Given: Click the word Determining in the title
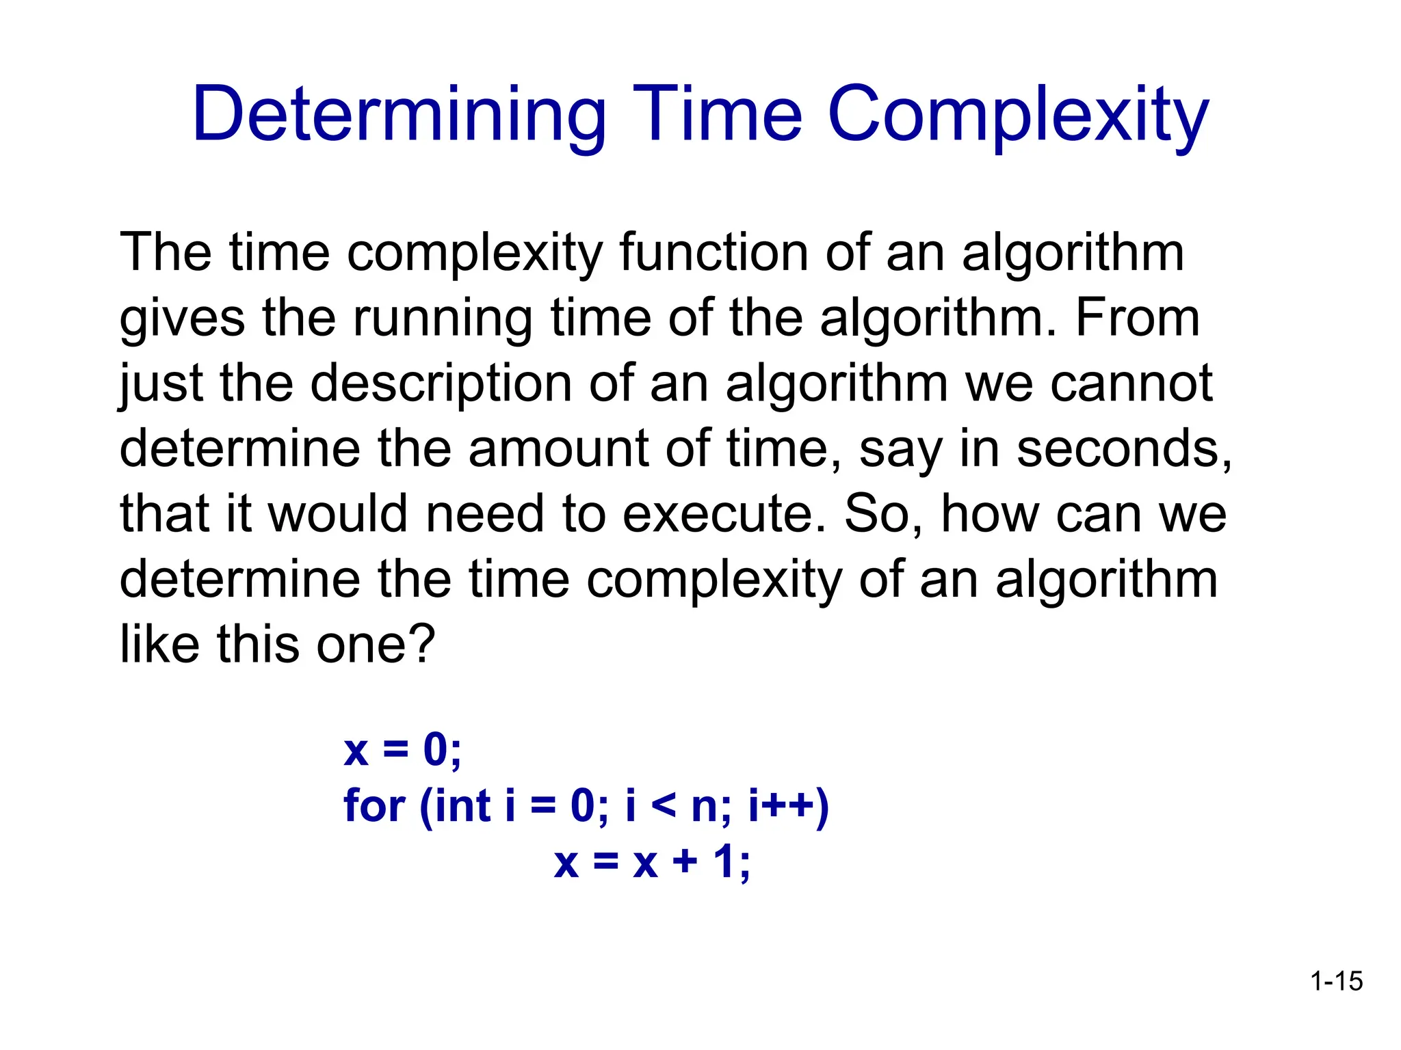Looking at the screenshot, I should pos(399,115).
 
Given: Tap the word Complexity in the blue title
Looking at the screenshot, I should pos(1018,115).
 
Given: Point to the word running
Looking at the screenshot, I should pos(442,319).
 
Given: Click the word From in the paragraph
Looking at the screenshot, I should pos(1137,318).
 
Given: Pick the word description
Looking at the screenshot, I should pos(441,385).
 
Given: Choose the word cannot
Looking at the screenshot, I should pos(1131,383).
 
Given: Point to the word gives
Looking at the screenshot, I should pos(182,319).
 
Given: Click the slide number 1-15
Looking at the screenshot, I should pos(1336,981).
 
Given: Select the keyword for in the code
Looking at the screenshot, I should pos(374,806).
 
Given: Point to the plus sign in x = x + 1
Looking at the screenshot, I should pos(685,863).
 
